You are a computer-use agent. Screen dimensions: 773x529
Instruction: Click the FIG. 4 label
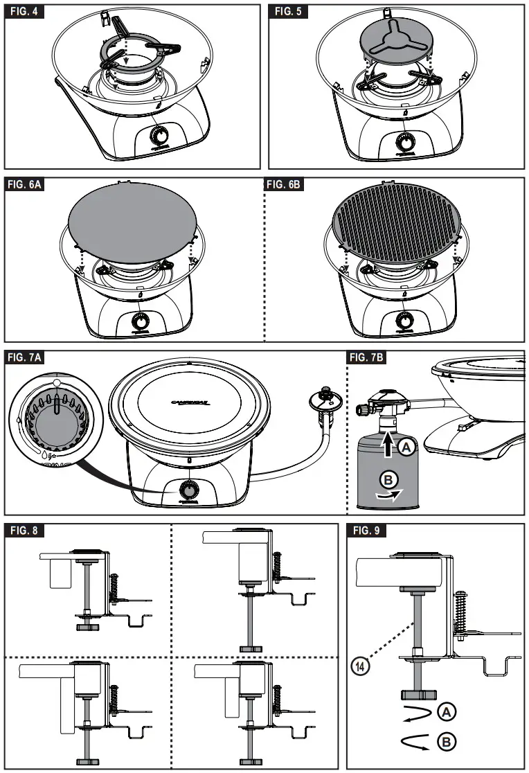tap(26, 13)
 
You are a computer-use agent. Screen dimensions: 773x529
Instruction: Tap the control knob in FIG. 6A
tap(141, 321)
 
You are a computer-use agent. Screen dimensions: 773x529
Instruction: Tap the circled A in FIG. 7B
tap(407, 449)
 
